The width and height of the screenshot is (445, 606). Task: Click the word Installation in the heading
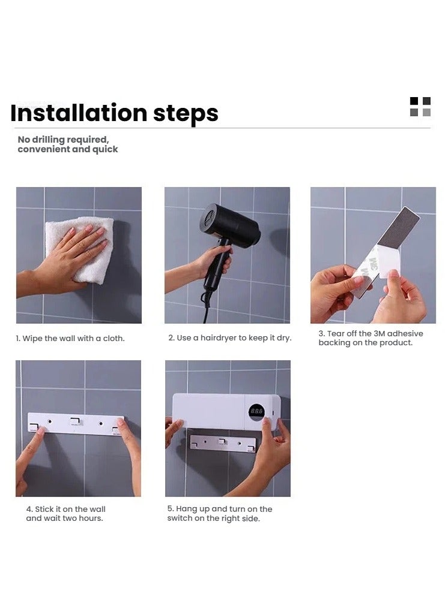pos(79,113)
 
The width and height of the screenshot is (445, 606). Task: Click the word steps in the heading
pos(186,114)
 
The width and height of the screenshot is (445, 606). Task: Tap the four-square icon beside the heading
pos(420,107)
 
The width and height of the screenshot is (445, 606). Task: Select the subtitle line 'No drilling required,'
pos(64,139)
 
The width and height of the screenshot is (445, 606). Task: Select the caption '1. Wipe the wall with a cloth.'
pos(70,339)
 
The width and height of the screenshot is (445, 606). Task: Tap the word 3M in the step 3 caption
pos(379,333)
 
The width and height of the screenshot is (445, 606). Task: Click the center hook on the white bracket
pos(76,421)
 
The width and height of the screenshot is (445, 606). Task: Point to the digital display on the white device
pos(256,412)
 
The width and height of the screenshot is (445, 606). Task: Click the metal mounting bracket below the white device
pos(223,443)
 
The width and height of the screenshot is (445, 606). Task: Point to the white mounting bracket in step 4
pos(76,424)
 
